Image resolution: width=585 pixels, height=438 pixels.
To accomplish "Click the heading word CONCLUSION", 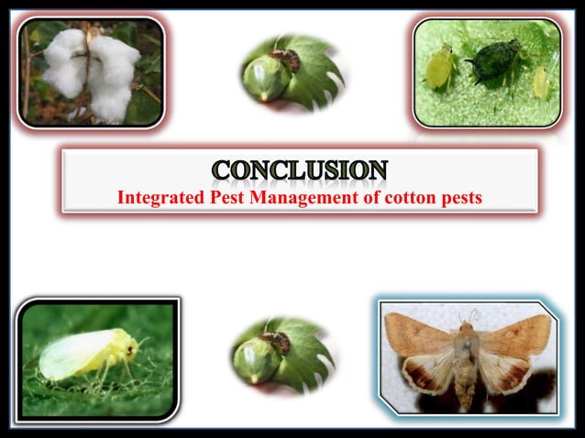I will tap(300, 170).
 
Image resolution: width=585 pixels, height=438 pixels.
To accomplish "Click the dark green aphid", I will tap(494, 60).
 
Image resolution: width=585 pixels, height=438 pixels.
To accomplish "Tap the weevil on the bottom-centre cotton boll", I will tap(276, 341).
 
